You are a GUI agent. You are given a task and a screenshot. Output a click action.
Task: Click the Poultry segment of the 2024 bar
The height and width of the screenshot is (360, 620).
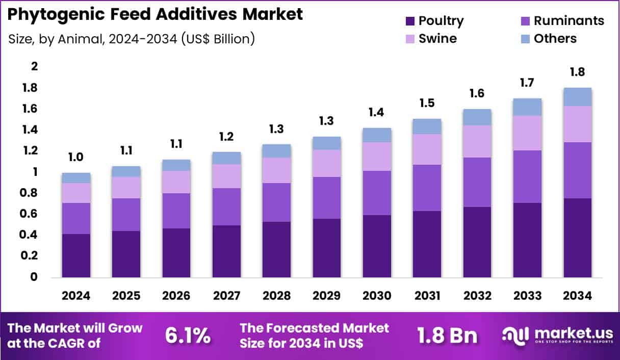pos(76,255)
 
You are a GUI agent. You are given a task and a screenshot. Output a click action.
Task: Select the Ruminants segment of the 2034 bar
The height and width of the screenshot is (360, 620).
pos(577,170)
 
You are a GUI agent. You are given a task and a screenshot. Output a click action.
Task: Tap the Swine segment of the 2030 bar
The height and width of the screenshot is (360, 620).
pos(377,156)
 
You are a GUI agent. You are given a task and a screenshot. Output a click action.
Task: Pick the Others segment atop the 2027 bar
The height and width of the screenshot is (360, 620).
pos(226,158)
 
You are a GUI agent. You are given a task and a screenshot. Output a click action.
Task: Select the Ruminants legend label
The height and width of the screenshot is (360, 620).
pos(569,21)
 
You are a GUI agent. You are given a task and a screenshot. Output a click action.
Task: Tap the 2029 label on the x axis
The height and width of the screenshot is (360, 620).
pos(326,296)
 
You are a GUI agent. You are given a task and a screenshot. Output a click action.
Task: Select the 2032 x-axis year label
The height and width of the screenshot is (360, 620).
pos(477,296)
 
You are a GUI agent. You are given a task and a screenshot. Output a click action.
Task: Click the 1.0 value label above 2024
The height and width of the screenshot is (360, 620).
pos(76,158)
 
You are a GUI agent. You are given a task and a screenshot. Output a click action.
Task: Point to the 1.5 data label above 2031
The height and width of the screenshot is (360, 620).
pos(427,103)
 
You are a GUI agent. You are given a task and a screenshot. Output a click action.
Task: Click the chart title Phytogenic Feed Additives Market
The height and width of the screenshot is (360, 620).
pos(155,14)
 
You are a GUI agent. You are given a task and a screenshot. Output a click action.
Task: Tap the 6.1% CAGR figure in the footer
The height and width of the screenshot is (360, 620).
pos(188,336)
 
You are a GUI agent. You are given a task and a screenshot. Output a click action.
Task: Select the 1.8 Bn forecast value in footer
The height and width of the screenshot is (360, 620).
pos(447,336)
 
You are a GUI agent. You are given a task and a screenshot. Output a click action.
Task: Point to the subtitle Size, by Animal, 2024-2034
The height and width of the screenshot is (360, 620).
pos(132,38)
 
